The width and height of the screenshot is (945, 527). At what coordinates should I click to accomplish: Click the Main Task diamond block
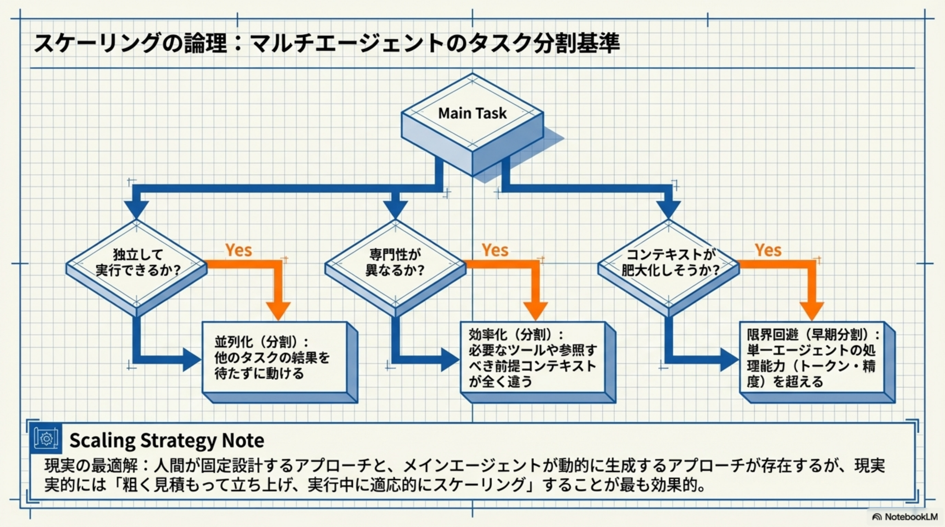pos(472,114)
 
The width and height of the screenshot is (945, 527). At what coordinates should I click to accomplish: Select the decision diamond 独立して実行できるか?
pos(136,263)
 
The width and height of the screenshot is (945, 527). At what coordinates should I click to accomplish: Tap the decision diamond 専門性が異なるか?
pos(395,263)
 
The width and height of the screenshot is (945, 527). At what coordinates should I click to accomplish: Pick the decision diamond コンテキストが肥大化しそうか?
pos(668,263)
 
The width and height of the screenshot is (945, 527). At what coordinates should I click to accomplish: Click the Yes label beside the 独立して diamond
pos(238,250)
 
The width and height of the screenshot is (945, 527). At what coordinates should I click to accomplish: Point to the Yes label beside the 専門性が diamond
pos(495,250)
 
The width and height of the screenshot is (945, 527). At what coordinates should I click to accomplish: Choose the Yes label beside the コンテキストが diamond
pos(768,250)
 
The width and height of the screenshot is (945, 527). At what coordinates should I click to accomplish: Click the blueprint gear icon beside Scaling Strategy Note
pos(46,439)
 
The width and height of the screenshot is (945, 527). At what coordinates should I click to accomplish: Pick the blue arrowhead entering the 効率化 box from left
pos(449,360)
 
